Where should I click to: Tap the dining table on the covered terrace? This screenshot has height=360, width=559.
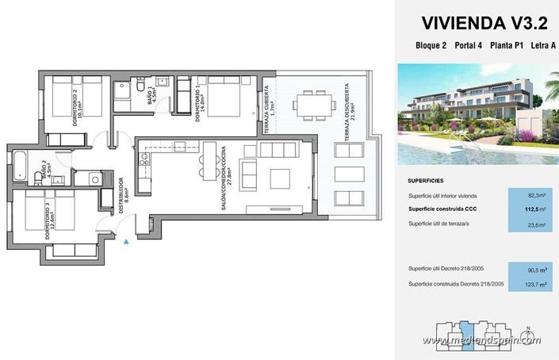pyautogui.click(x=309, y=102)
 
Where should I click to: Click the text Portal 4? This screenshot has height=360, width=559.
pyautogui.click(x=468, y=45)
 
